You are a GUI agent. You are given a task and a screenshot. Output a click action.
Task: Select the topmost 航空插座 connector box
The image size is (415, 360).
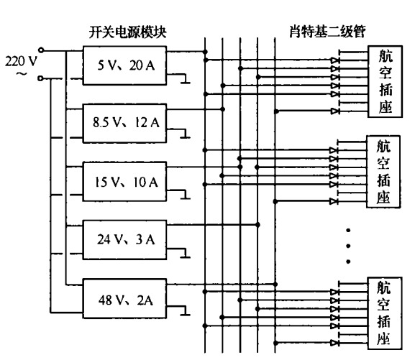pos(383,81)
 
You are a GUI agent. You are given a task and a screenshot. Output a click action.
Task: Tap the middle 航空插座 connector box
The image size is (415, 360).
pos(383,171)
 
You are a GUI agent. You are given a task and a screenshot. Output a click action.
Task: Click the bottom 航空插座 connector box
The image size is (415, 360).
pos(383,313)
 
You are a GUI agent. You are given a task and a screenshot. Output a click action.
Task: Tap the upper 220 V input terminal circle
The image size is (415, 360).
pos(42,51)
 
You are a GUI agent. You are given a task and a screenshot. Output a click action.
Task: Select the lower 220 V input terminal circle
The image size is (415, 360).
pos(42,77)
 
